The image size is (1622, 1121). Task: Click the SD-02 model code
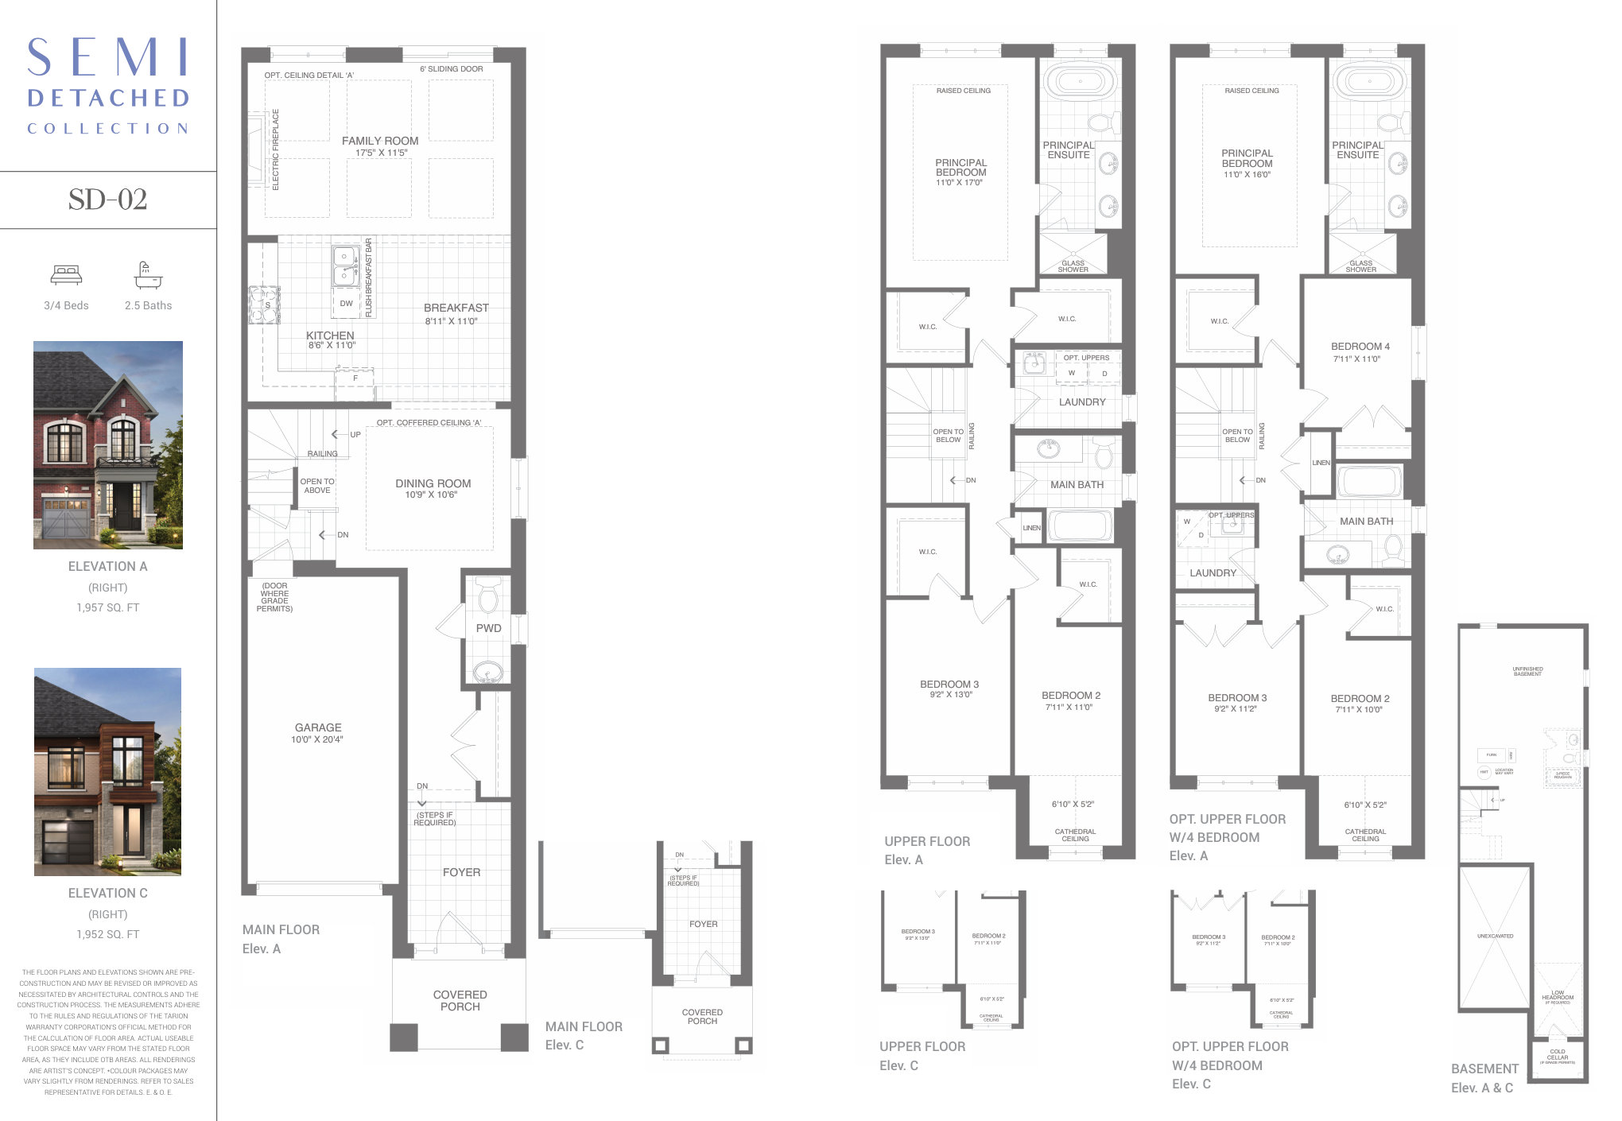coord(107,199)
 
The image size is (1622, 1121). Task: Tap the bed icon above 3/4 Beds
coord(66,275)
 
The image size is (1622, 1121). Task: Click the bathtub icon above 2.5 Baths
coord(148,275)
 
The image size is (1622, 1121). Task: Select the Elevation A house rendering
coord(108,445)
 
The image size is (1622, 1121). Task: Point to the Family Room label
coord(380,141)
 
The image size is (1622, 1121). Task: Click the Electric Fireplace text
coord(276,150)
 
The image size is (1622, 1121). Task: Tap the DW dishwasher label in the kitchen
coord(347,303)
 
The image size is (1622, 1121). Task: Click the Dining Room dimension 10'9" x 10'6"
coord(432,495)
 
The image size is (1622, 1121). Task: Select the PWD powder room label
coord(488,628)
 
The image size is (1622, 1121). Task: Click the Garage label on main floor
coord(318,727)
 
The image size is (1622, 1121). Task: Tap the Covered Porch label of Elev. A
coord(460,1000)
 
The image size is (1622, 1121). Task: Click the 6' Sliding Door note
coord(451,69)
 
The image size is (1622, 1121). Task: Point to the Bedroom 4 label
coord(1360,347)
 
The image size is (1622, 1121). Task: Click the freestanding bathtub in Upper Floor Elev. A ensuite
coord(1081,81)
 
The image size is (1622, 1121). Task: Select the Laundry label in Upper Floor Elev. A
coord(1081,402)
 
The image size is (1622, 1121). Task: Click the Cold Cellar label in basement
coord(1557,1054)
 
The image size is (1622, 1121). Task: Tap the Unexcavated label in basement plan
coord(1495,936)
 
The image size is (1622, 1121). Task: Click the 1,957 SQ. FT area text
coord(108,607)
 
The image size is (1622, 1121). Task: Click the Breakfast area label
coord(456,308)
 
